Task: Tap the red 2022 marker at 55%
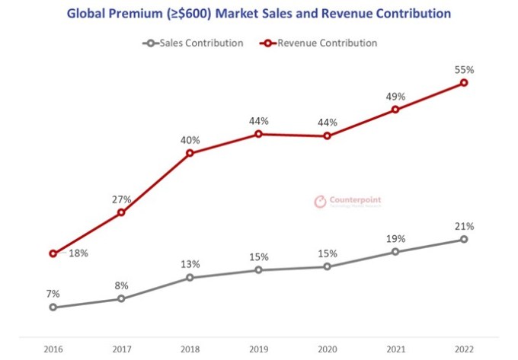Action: [x=464, y=82]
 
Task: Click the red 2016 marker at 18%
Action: [x=53, y=253]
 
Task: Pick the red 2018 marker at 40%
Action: [x=190, y=153]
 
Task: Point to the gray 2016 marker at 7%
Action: [x=53, y=307]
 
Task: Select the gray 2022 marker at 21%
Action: [x=464, y=239]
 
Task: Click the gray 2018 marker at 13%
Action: [x=190, y=277]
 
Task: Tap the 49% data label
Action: [x=395, y=97]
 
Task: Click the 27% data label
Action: [x=121, y=199]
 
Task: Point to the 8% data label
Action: [x=121, y=285]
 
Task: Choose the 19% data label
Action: [x=395, y=238]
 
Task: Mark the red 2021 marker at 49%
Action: [x=395, y=110]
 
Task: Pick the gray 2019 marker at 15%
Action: [x=258, y=269]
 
